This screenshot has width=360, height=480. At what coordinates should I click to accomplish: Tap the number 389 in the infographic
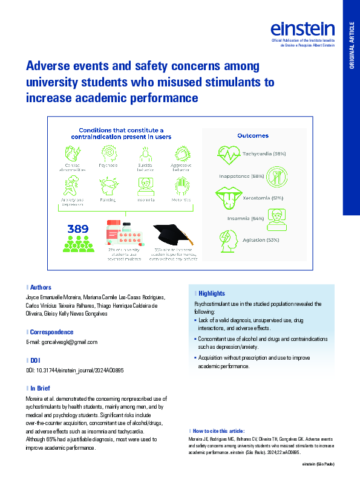coord(79,229)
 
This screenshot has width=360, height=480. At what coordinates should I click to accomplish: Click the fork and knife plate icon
coord(277,176)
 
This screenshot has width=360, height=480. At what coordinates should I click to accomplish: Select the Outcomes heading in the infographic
coord(253,136)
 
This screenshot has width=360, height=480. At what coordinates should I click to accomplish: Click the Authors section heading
coord(41,287)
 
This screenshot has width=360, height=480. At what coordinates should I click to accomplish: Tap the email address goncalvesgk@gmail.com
coord(61,342)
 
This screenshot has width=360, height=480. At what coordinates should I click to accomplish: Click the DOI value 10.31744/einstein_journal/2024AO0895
coord(76,370)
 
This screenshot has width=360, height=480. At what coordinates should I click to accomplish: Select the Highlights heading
coord(211,293)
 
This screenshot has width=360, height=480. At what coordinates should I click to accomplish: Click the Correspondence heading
coord(51,332)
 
